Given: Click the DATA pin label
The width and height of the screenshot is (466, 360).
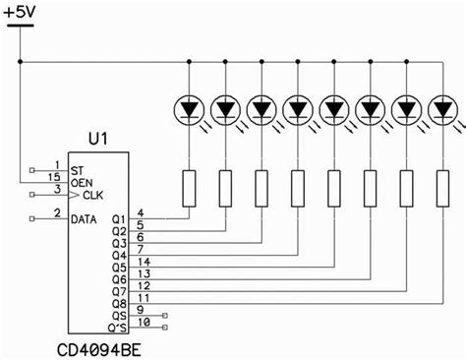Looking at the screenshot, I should tap(85, 219).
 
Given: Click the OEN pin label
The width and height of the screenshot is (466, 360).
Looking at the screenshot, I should tap(81, 182).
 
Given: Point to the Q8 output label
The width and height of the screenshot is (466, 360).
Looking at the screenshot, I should tap(119, 304).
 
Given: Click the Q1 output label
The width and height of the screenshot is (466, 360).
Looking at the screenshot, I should tap(119, 219).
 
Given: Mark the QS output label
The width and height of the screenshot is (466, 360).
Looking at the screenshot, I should tap(119, 316).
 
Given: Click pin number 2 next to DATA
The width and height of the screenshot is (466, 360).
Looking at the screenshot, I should tap(58, 212).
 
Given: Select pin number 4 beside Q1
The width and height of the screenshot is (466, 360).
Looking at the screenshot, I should tap(141, 212).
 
